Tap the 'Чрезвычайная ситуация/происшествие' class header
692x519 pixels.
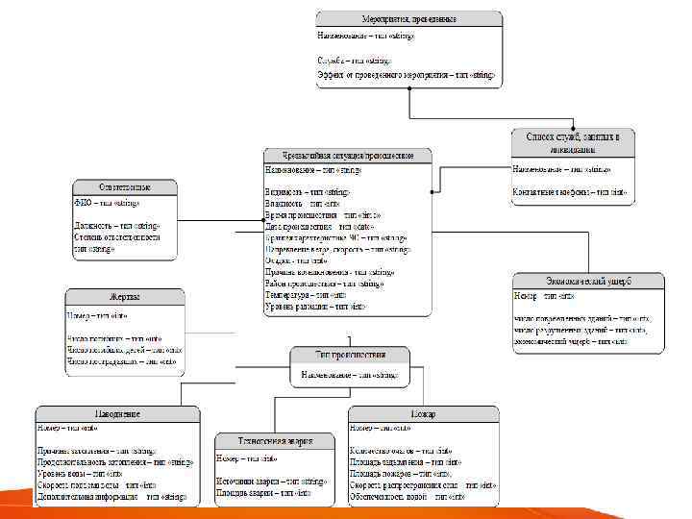click(x=348, y=155)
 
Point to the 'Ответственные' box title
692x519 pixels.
click(x=125, y=186)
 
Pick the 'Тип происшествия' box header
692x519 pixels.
click(x=350, y=355)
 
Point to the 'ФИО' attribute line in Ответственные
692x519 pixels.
click(x=108, y=204)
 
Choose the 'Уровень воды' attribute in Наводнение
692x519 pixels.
click(x=93, y=474)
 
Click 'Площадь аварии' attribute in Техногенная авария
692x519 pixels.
click(x=262, y=492)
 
